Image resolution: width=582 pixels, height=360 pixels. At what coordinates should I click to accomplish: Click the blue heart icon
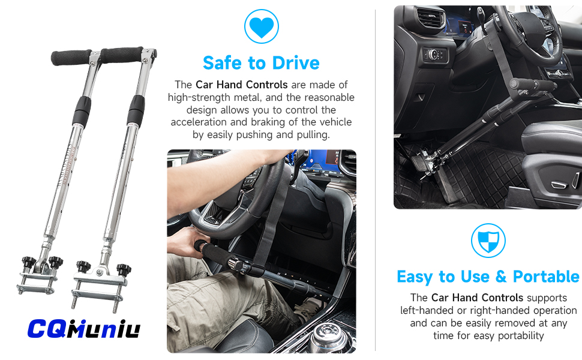262,26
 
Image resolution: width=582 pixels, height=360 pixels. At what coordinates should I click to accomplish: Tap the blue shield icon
488,241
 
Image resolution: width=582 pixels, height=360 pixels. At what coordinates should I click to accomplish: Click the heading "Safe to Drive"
261,62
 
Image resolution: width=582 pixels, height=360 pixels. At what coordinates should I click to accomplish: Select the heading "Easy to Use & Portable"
488,277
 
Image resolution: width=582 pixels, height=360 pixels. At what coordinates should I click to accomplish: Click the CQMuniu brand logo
83,328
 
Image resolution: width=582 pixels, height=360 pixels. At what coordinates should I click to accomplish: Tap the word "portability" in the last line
518,335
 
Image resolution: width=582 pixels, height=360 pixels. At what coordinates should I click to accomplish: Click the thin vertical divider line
376,180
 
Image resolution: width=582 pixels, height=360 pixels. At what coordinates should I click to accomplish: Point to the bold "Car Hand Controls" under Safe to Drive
241,85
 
